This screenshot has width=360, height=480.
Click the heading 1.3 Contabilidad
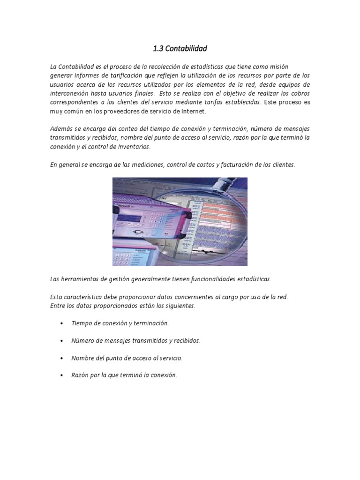click(x=180, y=48)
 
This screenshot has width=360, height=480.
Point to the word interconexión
click(x=68, y=93)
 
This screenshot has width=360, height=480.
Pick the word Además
click(x=60, y=128)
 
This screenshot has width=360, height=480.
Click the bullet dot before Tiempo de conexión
click(x=62, y=323)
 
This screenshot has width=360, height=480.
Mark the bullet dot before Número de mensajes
click(x=62, y=341)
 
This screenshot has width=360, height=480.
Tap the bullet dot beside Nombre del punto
click(x=62, y=358)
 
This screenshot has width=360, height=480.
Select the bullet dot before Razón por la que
click(x=62, y=375)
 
